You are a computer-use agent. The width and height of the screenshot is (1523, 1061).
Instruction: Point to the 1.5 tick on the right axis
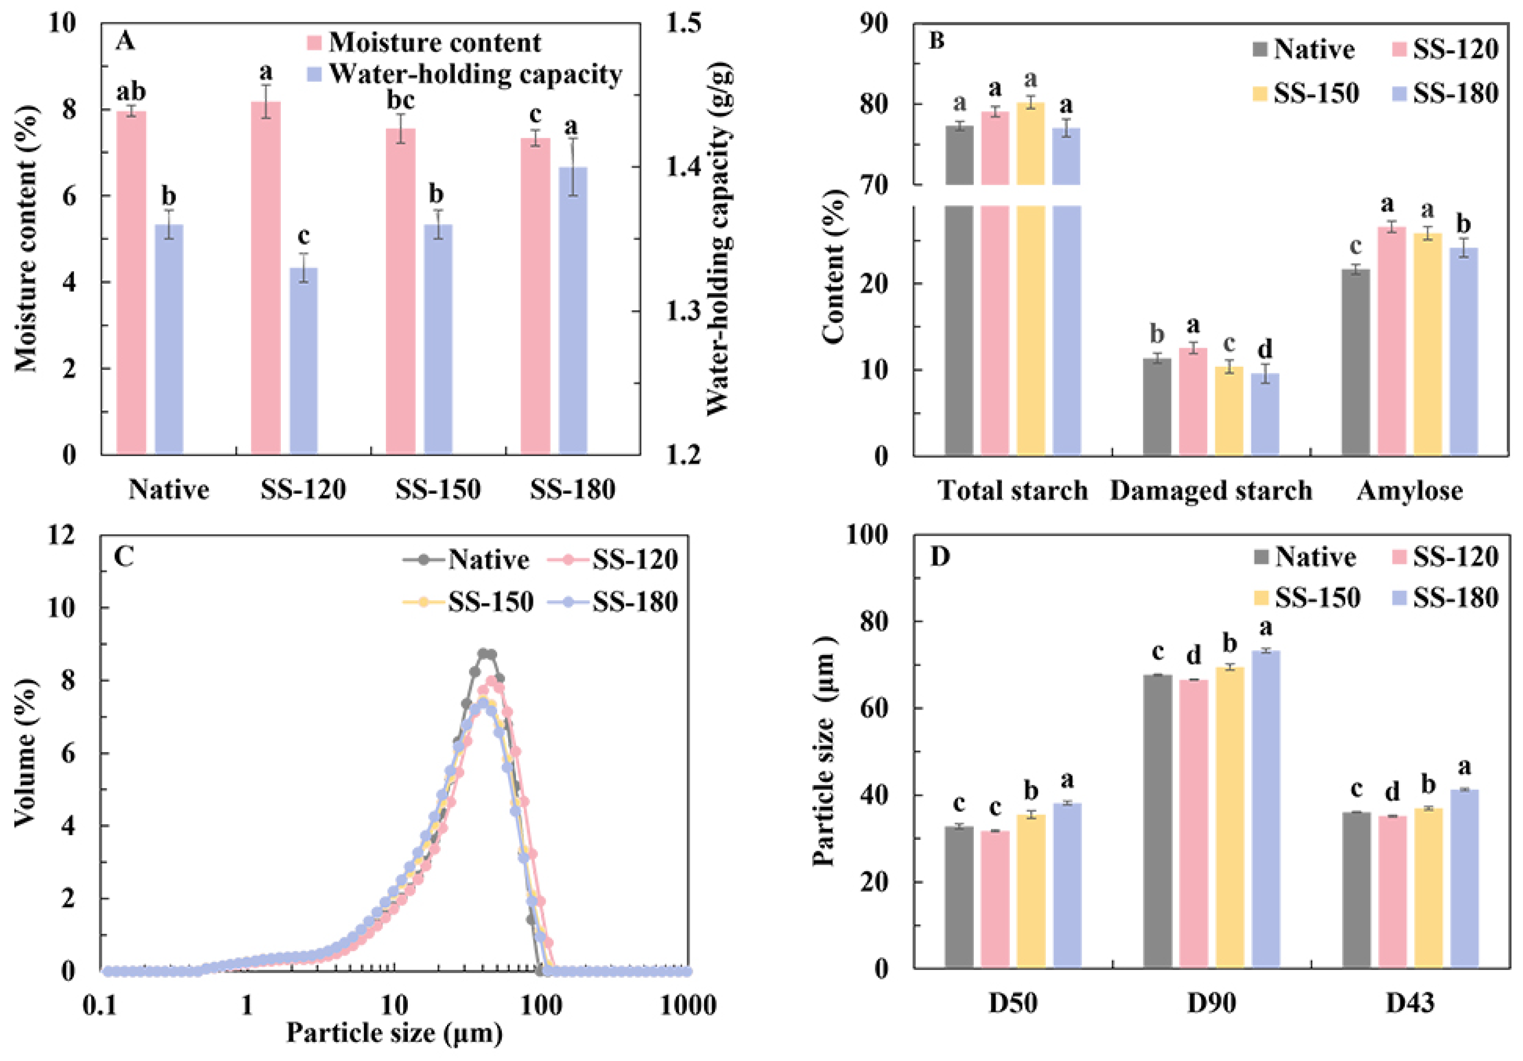click(x=683, y=24)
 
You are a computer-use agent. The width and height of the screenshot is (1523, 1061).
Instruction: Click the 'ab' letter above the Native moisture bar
click(x=131, y=92)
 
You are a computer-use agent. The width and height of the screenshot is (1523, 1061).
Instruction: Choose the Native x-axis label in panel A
click(x=169, y=490)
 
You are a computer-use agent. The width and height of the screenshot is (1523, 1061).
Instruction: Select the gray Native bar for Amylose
click(x=1355, y=361)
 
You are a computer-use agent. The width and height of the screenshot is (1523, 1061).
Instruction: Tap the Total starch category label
click(x=1013, y=491)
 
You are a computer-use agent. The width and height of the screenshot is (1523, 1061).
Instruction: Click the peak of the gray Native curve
click(x=486, y=654)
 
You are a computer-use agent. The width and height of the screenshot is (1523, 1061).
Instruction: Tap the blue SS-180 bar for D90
click(x=1265, y=809)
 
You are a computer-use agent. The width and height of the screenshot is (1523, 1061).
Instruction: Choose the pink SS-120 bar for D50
click(x=995, y=899)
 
